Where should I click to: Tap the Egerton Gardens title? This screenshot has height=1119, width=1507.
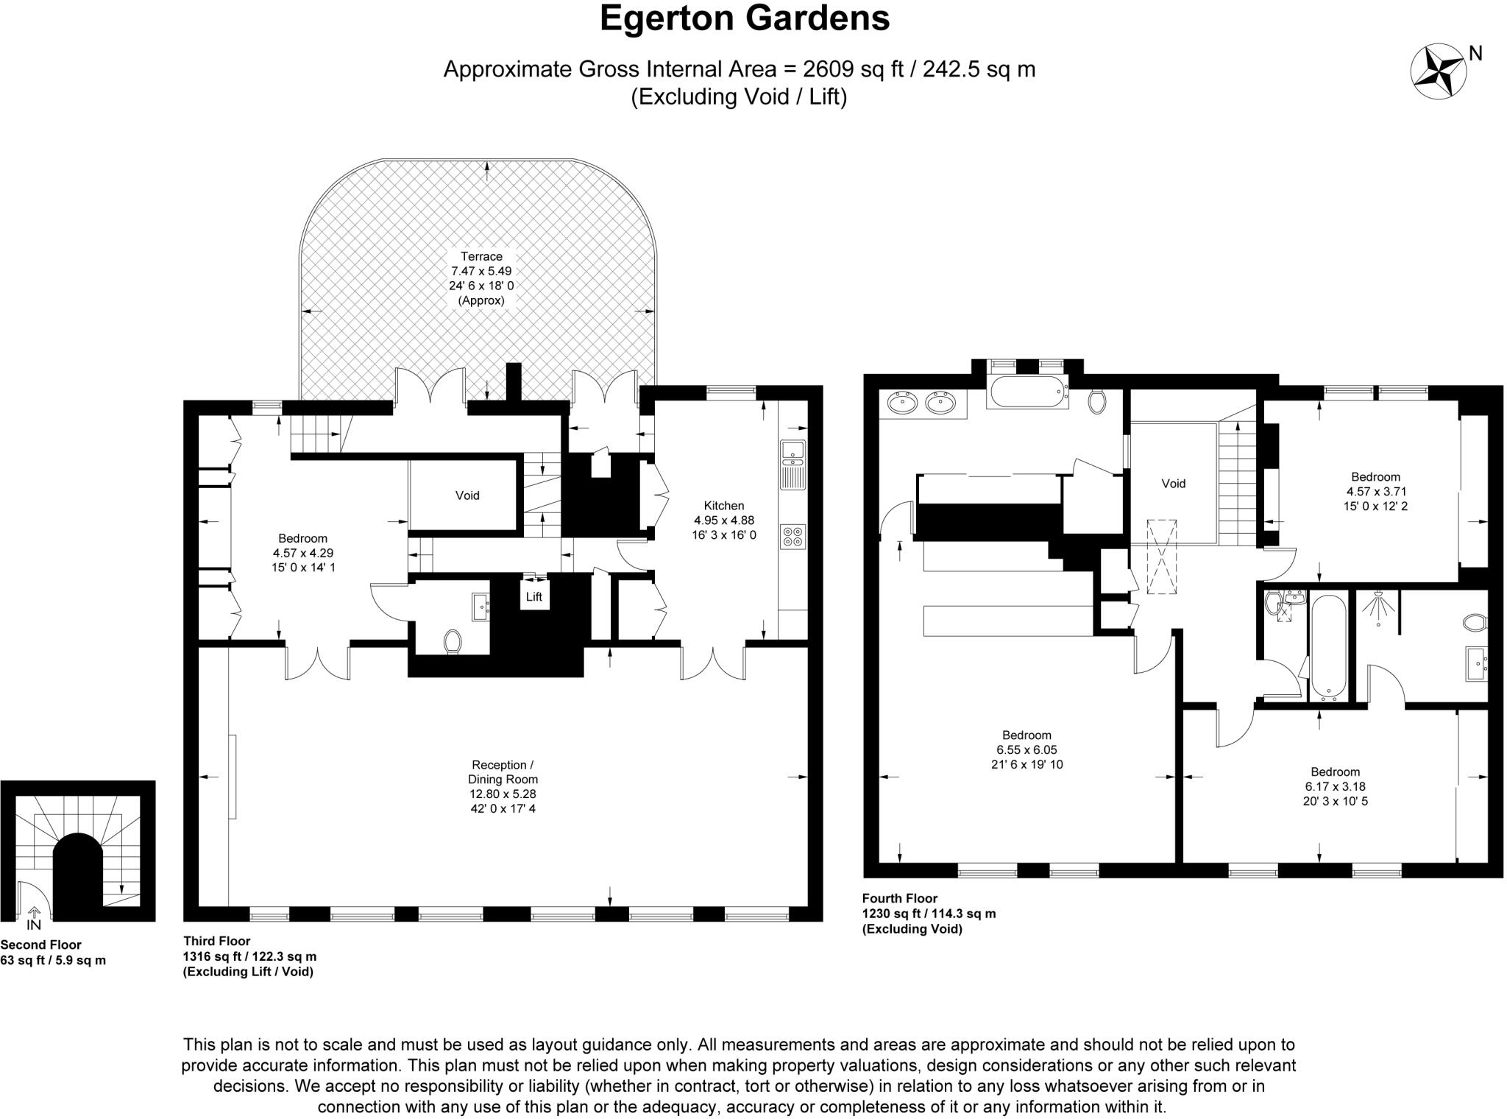(x=745, y=18)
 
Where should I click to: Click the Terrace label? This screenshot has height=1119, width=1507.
(x=482, y=256)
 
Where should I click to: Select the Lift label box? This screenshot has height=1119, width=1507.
(x=534, y=596)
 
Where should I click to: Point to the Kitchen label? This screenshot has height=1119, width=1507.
(x=724, y=506)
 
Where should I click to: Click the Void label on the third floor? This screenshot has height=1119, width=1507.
(x=467, y=495)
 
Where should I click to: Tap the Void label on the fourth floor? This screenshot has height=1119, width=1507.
(x=1174, y=484)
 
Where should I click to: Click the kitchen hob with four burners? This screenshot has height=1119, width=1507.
(x=793, y=537)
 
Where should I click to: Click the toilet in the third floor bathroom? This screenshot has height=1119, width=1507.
(x=453, y=640)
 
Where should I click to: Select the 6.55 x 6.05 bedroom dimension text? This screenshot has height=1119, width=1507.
(x=1026, y=749)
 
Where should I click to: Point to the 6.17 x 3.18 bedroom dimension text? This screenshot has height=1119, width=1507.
(x=1335, y=786)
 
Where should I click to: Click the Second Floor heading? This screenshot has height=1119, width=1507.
(x=41, y=945)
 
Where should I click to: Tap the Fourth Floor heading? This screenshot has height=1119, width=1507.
(x=900, y=898)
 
